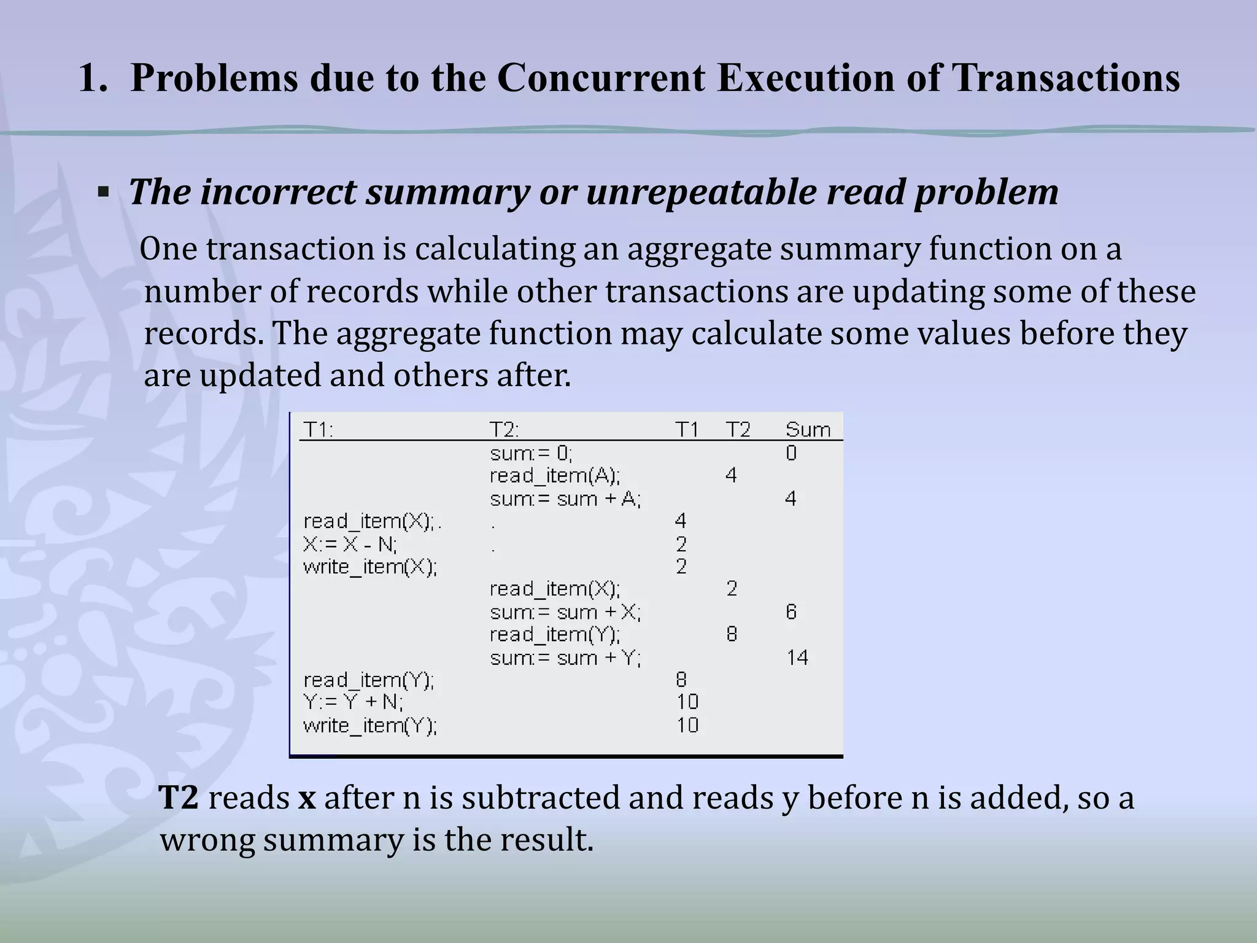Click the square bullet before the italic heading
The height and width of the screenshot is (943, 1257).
(x=103, y=193)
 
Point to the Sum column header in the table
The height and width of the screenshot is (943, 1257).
(x=808, y=430)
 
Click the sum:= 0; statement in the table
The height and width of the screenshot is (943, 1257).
(x=531, y=454)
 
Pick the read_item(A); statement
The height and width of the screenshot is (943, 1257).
(x=555, y=476)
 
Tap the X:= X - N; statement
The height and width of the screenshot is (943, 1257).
(x=350, y=544)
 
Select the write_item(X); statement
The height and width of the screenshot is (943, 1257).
(x=370, y=567)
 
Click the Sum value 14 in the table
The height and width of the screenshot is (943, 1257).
(x=797, y=658)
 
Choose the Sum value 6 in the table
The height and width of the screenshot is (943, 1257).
(x=791, y=612)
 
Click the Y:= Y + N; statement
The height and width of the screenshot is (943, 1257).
(x=353, y=702)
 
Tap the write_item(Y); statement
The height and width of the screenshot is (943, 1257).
(x=370, y=726)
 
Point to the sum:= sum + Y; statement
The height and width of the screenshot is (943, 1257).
(x=565, y=658)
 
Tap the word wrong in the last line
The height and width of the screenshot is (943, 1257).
(x=207, y=840)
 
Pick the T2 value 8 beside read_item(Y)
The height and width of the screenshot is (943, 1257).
(x=731, y=634)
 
